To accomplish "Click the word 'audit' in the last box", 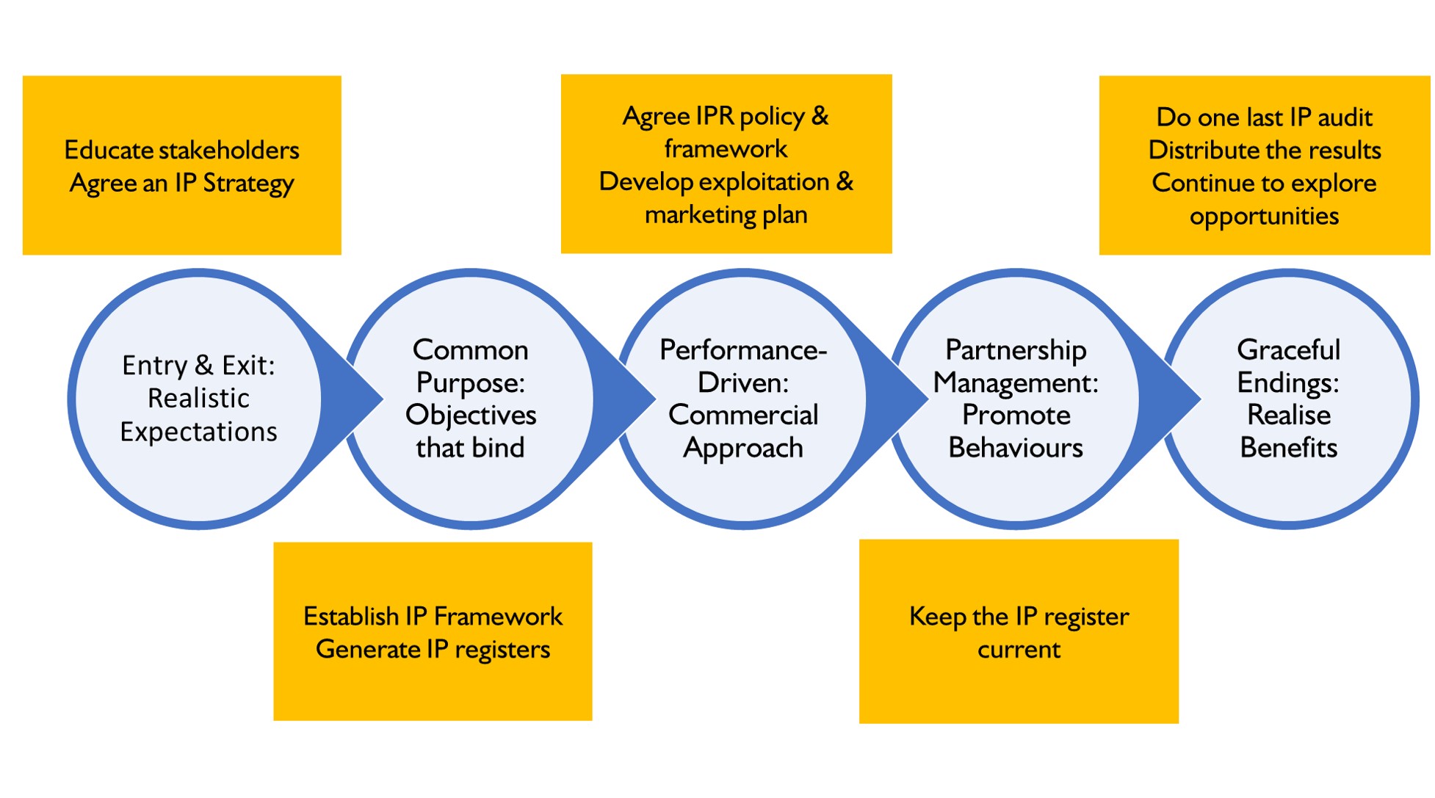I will point(1345,117).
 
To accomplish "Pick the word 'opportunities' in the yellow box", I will point(1264,217).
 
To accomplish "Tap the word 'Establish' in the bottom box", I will point(351,616).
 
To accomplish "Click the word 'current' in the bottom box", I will point(1019,650).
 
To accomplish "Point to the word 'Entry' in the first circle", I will point(154,366).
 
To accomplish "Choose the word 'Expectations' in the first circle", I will point(198,432).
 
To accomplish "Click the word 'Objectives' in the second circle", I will point(471,416).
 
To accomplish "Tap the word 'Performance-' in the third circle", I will point(743,350).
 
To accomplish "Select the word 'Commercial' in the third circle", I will point(743,416).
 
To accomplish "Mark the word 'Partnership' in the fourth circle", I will point(1016,350).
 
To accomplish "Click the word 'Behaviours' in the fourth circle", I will point(1016,448).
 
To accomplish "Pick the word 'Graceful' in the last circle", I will point(1288,350).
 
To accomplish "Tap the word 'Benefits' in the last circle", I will point(1288,448).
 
